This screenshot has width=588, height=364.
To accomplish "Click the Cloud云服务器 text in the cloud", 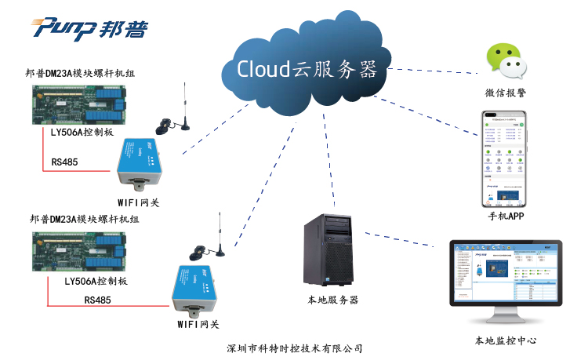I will [307, 69].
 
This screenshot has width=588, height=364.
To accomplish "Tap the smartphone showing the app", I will [503, 160].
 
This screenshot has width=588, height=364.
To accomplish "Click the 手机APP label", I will [505, 216].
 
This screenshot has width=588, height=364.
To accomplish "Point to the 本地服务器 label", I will [332, 300].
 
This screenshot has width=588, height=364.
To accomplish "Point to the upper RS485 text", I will [65, 162].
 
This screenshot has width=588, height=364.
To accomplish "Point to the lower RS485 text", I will [98, 299].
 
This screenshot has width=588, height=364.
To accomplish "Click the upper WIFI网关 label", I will [138, 202].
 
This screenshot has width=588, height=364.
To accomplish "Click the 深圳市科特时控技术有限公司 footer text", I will [294, 348].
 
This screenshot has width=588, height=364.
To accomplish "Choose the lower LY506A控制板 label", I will [96, 281].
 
